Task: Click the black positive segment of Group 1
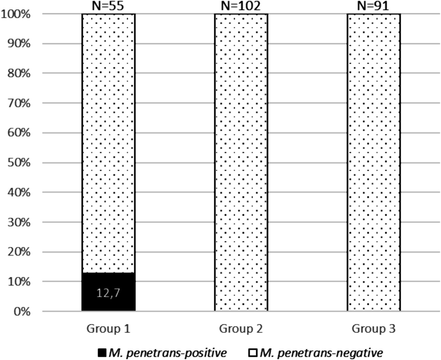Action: click(x=108, y=299)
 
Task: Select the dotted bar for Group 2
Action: click(x=241, y=162)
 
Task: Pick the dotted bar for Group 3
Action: click(x=373, y=162)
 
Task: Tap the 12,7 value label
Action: click(x=108, y=293)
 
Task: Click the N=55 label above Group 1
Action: click(x=108, y=6)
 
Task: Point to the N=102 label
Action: click(x=241, y=6)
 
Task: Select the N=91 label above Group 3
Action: click(x=373, y=6)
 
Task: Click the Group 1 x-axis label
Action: click(x=108, y=329)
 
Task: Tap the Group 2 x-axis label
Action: click(x=241, y=329)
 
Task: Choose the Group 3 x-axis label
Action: click(x=373, y=329)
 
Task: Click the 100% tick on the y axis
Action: click(x=16, y=14)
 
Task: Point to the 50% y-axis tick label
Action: click(x=19, y=163)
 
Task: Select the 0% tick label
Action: click(x=22, y=311)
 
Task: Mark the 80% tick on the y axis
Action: click(x=19, y=73)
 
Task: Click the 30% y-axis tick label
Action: click(x=19, y=222)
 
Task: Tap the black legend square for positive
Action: click(x=102, y=353)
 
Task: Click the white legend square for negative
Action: click(x=253, y=353)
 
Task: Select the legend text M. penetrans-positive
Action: click(x=168, y=353)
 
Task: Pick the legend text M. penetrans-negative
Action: click(x=321, y=353)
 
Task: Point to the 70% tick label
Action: click(x=19, y=103)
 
